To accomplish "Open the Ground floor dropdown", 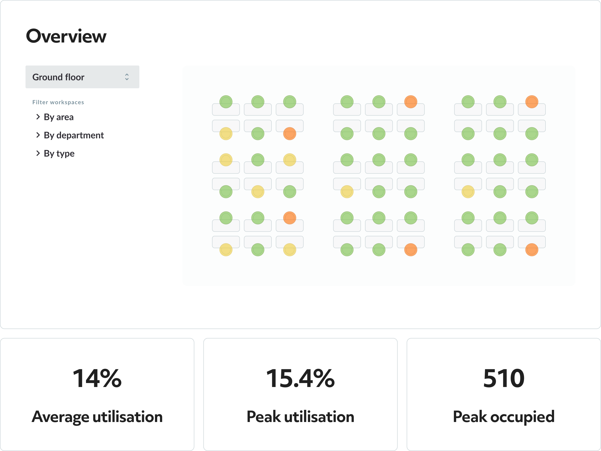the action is (82, 77).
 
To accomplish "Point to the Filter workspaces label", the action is (58, 102).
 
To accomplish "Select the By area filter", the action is (59, 117).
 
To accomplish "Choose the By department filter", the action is (74, 135).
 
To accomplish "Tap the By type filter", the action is (59, 153).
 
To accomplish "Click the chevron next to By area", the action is (38, 117).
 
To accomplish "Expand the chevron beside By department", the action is (38, 135).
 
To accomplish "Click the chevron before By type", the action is (38, 153).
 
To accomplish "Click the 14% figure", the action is (97, 378).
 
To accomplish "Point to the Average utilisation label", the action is (97, 416).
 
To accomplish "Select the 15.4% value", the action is (300, 378).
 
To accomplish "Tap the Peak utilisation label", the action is (300, 416).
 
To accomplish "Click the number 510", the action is (504, 378).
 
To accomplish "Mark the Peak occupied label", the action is (504, 416).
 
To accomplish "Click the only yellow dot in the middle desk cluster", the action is (347, 192).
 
